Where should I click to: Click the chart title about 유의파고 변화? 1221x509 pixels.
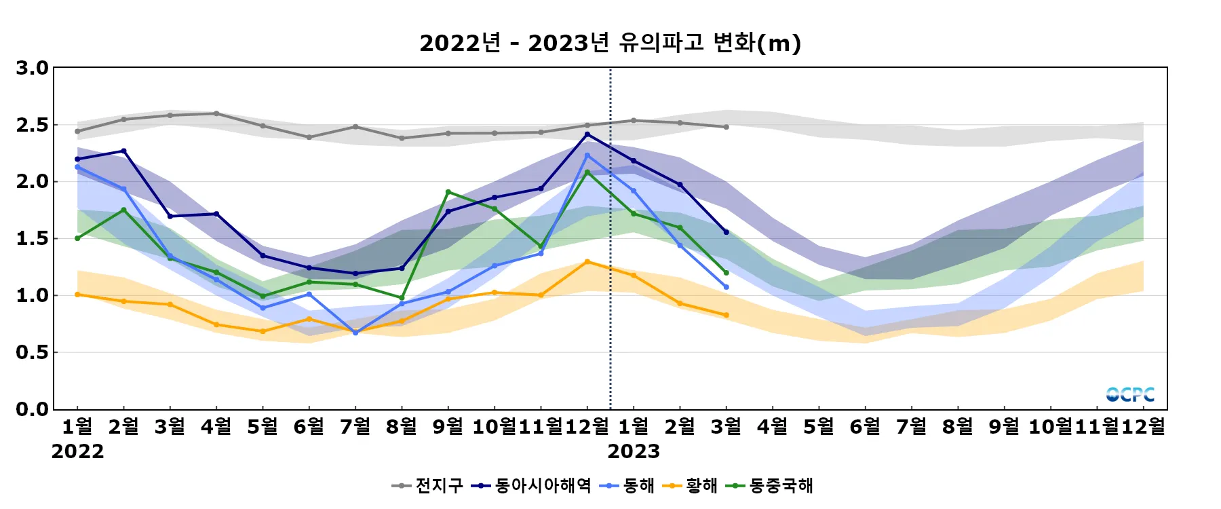610,43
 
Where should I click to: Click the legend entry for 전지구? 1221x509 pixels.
428,486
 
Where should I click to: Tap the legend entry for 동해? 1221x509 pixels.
628,486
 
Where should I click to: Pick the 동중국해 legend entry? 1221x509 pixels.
769,486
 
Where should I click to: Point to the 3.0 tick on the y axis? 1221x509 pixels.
33,68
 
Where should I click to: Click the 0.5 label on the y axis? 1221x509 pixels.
33,352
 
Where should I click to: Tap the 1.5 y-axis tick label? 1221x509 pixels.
33,238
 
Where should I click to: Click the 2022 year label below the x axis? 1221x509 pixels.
77,451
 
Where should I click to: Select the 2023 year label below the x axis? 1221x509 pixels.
634,451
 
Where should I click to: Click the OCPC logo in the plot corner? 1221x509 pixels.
1130,394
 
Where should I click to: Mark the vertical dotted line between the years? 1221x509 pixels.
610,271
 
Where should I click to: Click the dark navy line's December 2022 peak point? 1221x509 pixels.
587,134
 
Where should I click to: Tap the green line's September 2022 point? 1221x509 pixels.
448,192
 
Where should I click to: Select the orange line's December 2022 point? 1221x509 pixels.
587,262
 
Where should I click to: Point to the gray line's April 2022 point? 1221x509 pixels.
216,113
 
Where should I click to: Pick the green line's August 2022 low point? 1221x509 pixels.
402,298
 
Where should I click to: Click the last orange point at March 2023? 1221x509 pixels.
726,315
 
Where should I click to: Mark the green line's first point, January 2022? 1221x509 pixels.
77,238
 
